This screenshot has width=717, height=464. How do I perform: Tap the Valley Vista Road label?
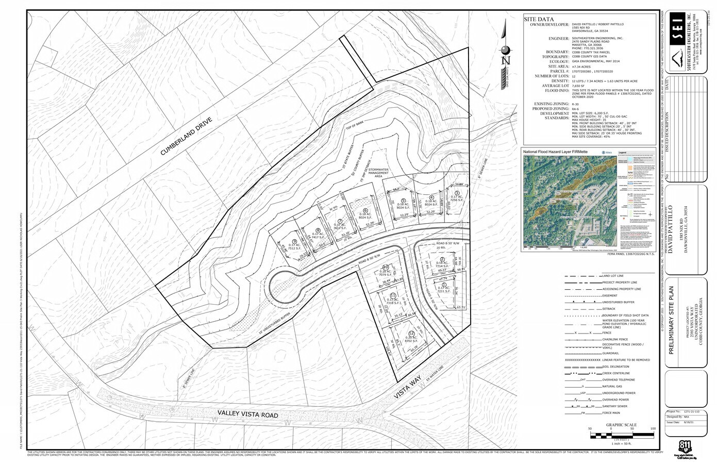[247, 415]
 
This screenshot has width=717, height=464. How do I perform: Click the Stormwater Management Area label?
[381, 173]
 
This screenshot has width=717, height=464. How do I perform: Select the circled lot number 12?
[411, 334]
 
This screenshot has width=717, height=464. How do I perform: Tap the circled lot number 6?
[365, 210]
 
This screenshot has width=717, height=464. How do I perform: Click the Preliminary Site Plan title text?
[671, 323]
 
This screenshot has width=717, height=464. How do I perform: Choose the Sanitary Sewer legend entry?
[613, 406]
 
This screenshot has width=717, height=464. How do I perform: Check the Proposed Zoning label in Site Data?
[547, 109]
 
